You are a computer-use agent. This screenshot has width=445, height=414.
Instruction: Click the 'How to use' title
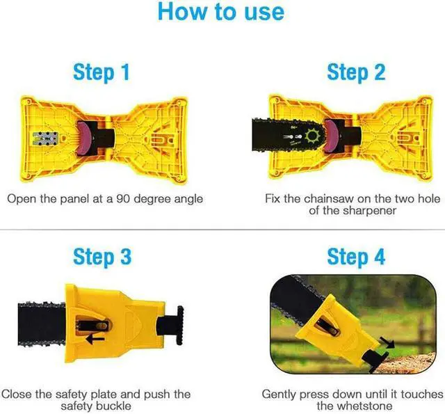tap(221, 11)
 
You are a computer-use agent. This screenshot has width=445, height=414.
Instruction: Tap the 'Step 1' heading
tap(102, 72)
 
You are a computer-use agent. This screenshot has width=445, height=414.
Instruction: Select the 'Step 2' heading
tap(356, 72)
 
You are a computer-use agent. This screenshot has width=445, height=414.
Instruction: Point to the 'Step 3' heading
tap(102, 257)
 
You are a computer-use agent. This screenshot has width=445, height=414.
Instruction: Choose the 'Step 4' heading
tap(356, 257)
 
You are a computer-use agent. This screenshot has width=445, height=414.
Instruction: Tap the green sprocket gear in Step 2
tap(313, 136)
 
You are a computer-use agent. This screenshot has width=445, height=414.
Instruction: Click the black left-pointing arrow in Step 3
tap(95, 339)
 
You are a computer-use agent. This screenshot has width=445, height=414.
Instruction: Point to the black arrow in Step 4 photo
tap(387, 342)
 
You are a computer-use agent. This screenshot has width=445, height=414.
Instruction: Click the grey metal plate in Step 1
tap(45, 139)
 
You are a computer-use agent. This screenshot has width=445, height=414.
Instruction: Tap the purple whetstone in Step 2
tap(331, 136)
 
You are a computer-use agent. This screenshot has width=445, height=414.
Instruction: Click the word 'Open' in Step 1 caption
tap(22, 199)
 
